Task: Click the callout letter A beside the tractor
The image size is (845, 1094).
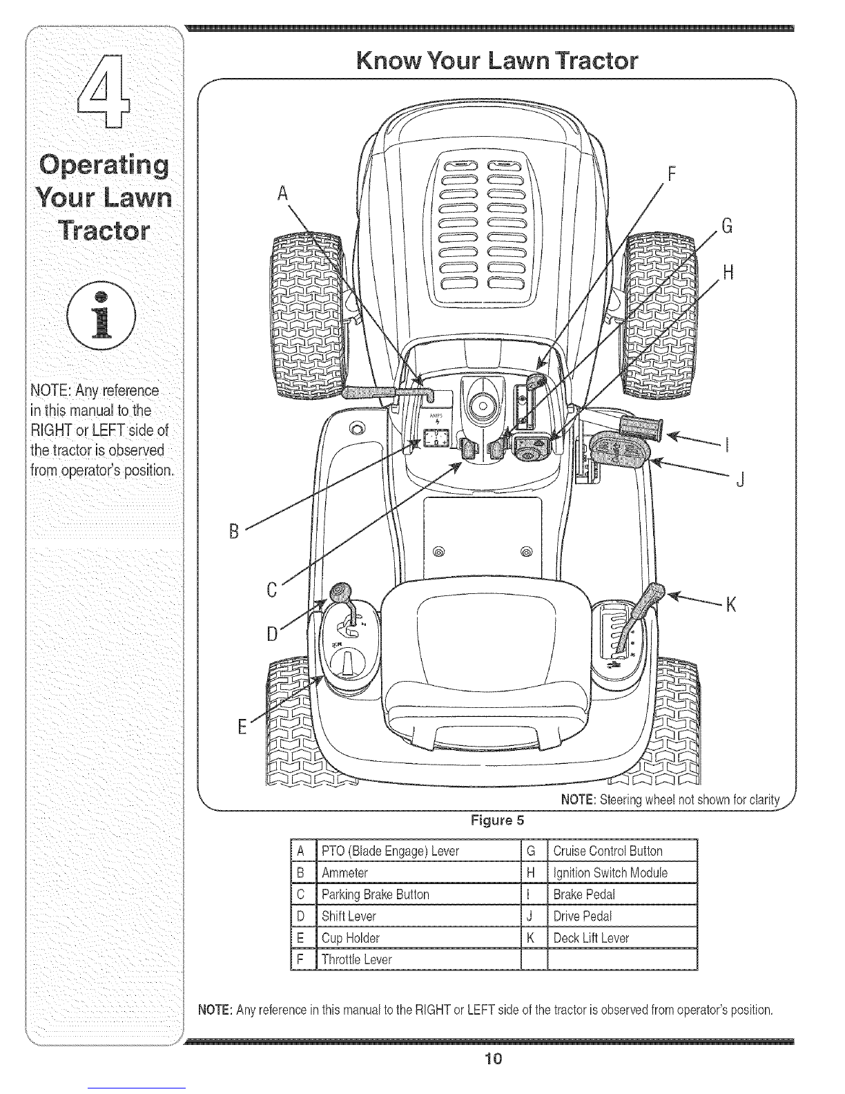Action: pos(283,193)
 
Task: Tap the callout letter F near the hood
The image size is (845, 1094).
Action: pos(671,174)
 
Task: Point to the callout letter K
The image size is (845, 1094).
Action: pos(730,604)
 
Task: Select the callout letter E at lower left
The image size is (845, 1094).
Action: pos(242,727)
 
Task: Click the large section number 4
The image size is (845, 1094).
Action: pos(104,91)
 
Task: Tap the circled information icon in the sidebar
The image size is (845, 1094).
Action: pos(101,315)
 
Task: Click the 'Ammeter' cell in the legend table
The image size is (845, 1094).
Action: pos(418,872)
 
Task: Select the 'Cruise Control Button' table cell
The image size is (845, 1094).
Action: pos(622,851)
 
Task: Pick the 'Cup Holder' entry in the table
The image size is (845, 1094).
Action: pos(418,938)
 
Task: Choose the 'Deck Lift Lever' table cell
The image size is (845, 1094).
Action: pos(622,938)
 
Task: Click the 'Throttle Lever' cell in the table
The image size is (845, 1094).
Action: pos(418,959)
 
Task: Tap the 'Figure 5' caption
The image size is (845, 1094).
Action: pos(497,820)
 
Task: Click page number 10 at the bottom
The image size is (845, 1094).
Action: pos(493,1059)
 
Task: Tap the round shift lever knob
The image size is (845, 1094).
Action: pos(341,592)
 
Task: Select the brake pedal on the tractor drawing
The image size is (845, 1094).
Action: pos(641,426)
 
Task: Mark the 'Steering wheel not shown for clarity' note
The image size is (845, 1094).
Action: pos(670,800)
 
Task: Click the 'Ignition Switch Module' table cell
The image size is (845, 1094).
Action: pos(622,872)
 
